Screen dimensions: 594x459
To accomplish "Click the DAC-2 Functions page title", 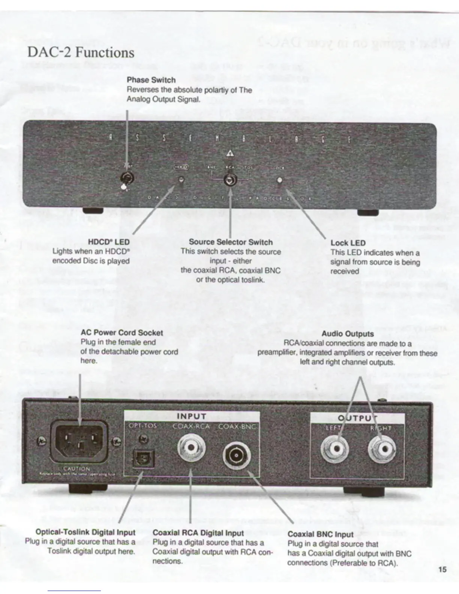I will click(x=81, y=52).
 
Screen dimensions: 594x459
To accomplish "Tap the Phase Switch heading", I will click(x=151, y=80).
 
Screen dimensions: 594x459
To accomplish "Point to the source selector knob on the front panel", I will click(x=229, y=180).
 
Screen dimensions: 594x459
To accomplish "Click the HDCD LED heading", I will click(x=108, y=242).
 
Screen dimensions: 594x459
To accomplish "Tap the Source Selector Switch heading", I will click(x=231, y=242).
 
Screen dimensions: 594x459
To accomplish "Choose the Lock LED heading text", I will click(x=348, y=243).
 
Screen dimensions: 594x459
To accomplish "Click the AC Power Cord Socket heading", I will click(x=122, y=333).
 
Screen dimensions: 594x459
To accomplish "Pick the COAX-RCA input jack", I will click(x=191, y=448).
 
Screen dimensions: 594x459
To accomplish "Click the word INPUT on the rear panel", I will click(x=191, y=416).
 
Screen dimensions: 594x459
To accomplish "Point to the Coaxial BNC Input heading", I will click(x=320, y=534).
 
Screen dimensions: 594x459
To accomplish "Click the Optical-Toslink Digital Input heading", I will click(x=85, y=532).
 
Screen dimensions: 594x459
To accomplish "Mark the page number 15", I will click(x=442, y=570).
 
